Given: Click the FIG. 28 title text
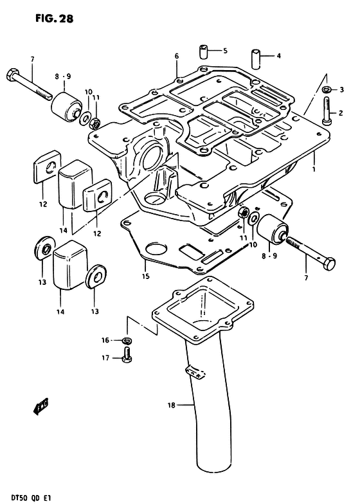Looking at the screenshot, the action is (x=55, y=18).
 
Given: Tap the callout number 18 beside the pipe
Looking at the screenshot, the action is (x=171, y=405).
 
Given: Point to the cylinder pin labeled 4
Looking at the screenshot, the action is (x=256, y=59).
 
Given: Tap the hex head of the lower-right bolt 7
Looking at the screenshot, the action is (x=329, y=265).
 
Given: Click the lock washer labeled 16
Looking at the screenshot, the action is (x=127, y=341).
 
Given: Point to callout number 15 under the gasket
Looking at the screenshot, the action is (x=146, y=276).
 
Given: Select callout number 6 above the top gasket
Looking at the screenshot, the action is (x=177, y=57).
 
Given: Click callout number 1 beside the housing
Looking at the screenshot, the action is (x=314, y=168).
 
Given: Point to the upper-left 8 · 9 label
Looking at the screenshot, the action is (x=62, y=76).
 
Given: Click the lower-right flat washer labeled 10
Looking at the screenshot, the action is (x=253, y=219).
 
